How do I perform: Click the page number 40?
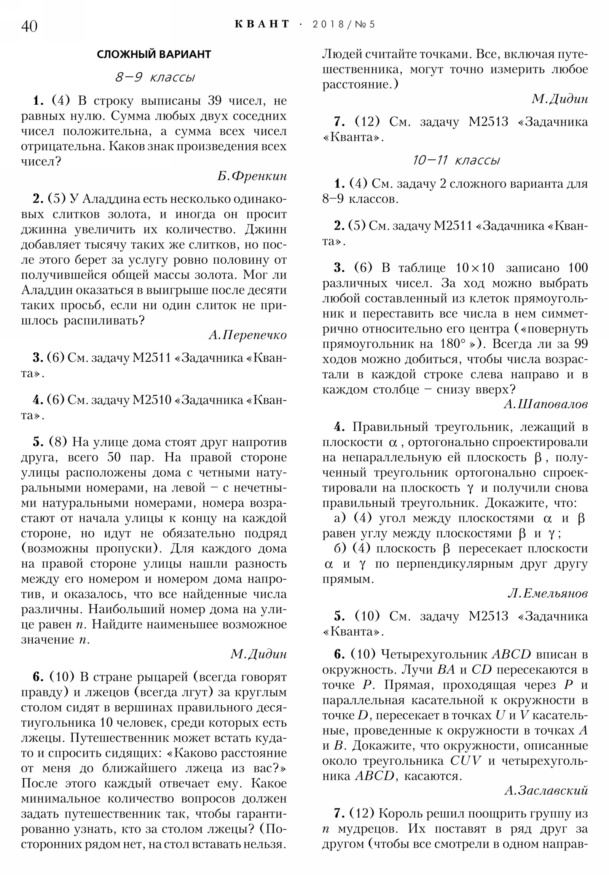[29, 26]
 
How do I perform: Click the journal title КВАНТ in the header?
[261, 24]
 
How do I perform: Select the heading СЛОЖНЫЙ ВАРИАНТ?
[154, 54]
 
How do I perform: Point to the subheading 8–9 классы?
[155, 77]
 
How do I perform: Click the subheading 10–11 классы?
[456, 160]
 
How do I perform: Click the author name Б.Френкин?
[252, 176]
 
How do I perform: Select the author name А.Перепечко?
[247, 335]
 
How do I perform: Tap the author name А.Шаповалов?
[545, 404]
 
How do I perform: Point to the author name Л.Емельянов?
[548, 593]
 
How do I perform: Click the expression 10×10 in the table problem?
[475, 268]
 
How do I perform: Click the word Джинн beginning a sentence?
[266, 229]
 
